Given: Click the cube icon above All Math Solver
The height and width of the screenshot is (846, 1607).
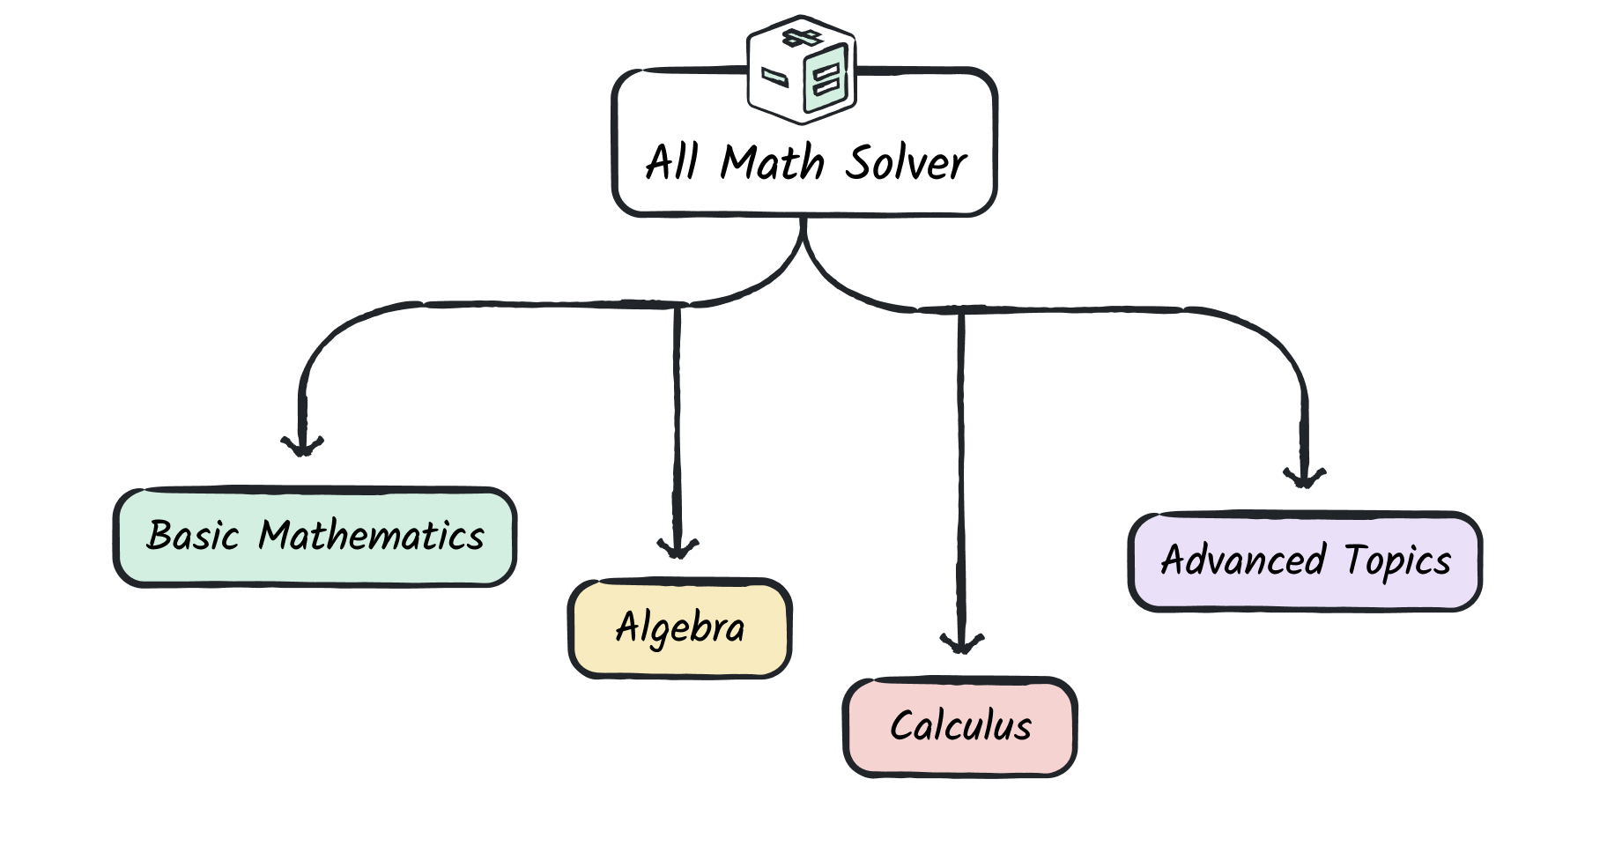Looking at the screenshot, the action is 802,70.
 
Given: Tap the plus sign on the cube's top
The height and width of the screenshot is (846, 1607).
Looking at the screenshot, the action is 803,37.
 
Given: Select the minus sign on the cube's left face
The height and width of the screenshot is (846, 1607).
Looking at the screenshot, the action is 774,78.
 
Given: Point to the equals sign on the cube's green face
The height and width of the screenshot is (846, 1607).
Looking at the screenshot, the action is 827,81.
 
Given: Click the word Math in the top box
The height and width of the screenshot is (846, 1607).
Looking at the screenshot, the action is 773,162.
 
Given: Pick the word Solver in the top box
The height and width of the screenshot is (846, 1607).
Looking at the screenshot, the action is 907,162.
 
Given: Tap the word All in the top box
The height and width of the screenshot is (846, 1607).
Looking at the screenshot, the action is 672,162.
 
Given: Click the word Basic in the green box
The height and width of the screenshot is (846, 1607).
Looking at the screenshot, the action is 193,536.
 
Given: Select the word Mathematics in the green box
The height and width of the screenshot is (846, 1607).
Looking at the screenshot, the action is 371,536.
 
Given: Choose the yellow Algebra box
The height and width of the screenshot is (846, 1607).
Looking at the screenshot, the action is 680,628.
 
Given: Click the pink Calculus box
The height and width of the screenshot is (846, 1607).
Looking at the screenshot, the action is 960,727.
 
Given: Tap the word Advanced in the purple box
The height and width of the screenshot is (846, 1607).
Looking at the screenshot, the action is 1243,560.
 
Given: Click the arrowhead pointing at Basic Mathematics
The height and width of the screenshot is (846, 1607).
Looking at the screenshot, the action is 302,445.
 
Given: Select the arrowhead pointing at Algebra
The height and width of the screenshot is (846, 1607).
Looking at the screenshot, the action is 678,547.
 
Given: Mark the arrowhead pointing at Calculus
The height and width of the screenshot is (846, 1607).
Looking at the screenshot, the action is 962,642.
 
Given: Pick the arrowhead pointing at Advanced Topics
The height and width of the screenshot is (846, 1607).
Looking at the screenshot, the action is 1305,477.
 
